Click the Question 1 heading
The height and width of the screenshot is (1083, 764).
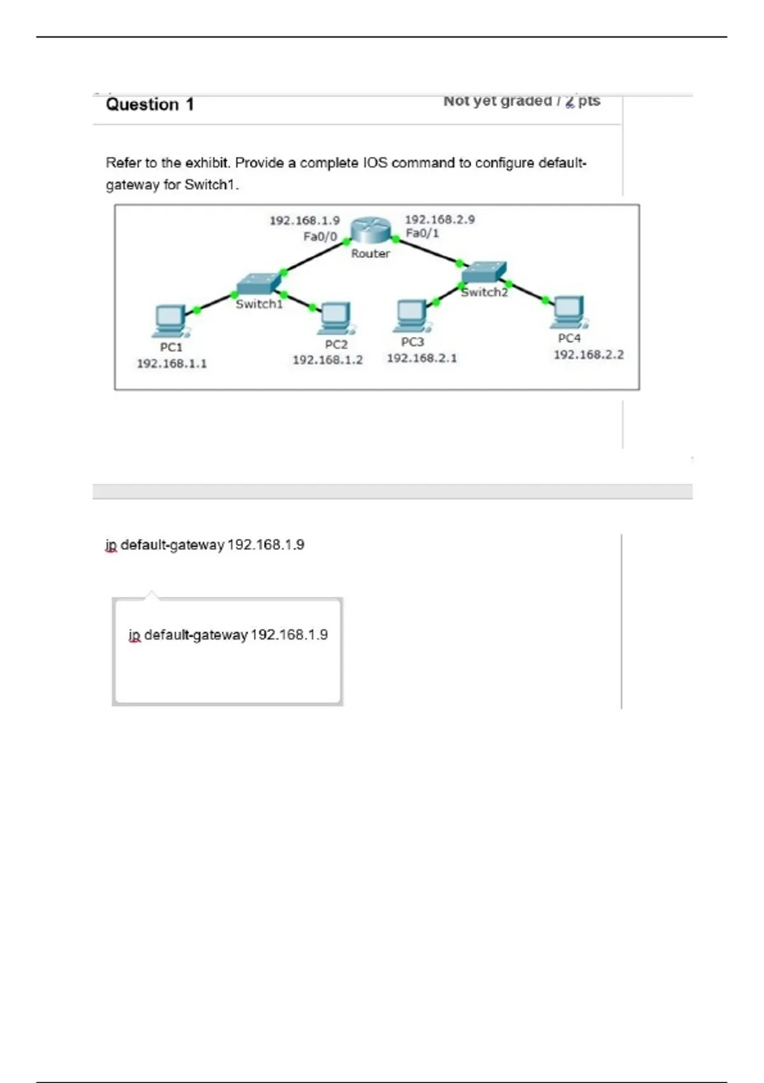(150, 104)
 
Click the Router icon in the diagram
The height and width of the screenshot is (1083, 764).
(371, 230)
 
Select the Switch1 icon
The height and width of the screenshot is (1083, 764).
(258, 284)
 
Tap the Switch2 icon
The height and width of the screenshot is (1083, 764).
(484, 273)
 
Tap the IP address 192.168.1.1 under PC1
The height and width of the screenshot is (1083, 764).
(172, 364)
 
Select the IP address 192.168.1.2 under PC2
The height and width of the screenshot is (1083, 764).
(327, 360)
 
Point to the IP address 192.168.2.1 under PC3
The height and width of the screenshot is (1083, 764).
(421, 358)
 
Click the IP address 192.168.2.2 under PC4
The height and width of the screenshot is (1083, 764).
(588, 355)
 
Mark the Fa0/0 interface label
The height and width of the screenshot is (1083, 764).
(320, 237)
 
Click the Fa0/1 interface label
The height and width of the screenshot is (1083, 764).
(422, 234)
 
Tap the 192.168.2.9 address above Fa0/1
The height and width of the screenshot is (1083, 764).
(439, 219)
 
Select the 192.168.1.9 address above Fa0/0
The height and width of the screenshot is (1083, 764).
(304, 220)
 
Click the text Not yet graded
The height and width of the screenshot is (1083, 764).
(497, 101)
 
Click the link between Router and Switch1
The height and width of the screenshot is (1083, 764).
(315, 257)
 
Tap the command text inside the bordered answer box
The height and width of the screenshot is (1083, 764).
(228, 635)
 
